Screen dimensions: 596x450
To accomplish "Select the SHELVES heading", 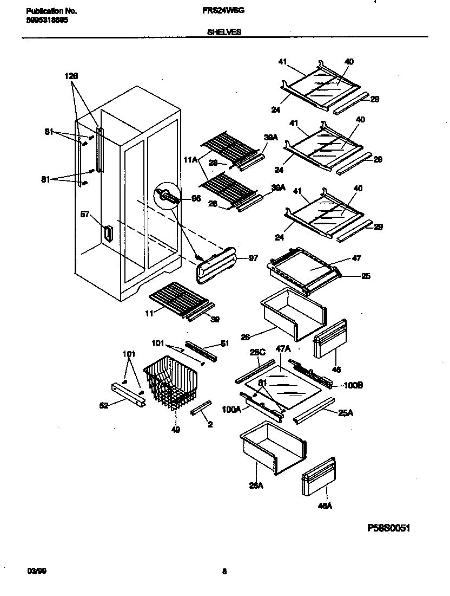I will coord(224,32).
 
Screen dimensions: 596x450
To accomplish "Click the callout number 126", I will coord(71,76).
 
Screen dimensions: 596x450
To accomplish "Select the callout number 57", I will coord(85,214).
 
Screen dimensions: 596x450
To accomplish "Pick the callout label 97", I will coord(253,258).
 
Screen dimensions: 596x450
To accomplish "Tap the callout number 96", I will coord(196,199).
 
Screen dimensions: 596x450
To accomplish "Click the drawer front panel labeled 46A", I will coord(318,476).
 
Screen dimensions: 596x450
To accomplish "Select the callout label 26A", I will coord(256,485).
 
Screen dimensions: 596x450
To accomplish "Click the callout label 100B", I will coord(353,385).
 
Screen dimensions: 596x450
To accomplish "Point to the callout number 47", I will coord(356,258).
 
